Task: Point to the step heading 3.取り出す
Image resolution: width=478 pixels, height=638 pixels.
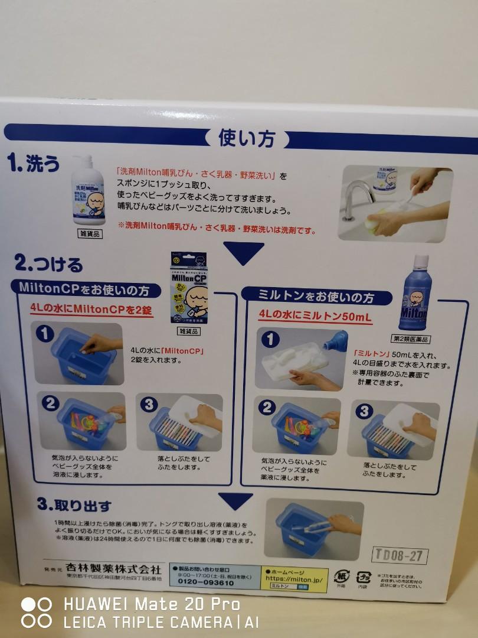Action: click(x=74, y=506)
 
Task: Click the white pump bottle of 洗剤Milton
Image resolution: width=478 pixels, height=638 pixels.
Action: click(x=89, y=191)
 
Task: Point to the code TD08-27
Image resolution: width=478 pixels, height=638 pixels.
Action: click(x=400, y=555)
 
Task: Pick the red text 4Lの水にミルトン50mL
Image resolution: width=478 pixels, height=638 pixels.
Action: click(x=315, y=317)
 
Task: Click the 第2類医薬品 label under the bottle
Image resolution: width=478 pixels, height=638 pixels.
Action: click(x=418, y=339)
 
